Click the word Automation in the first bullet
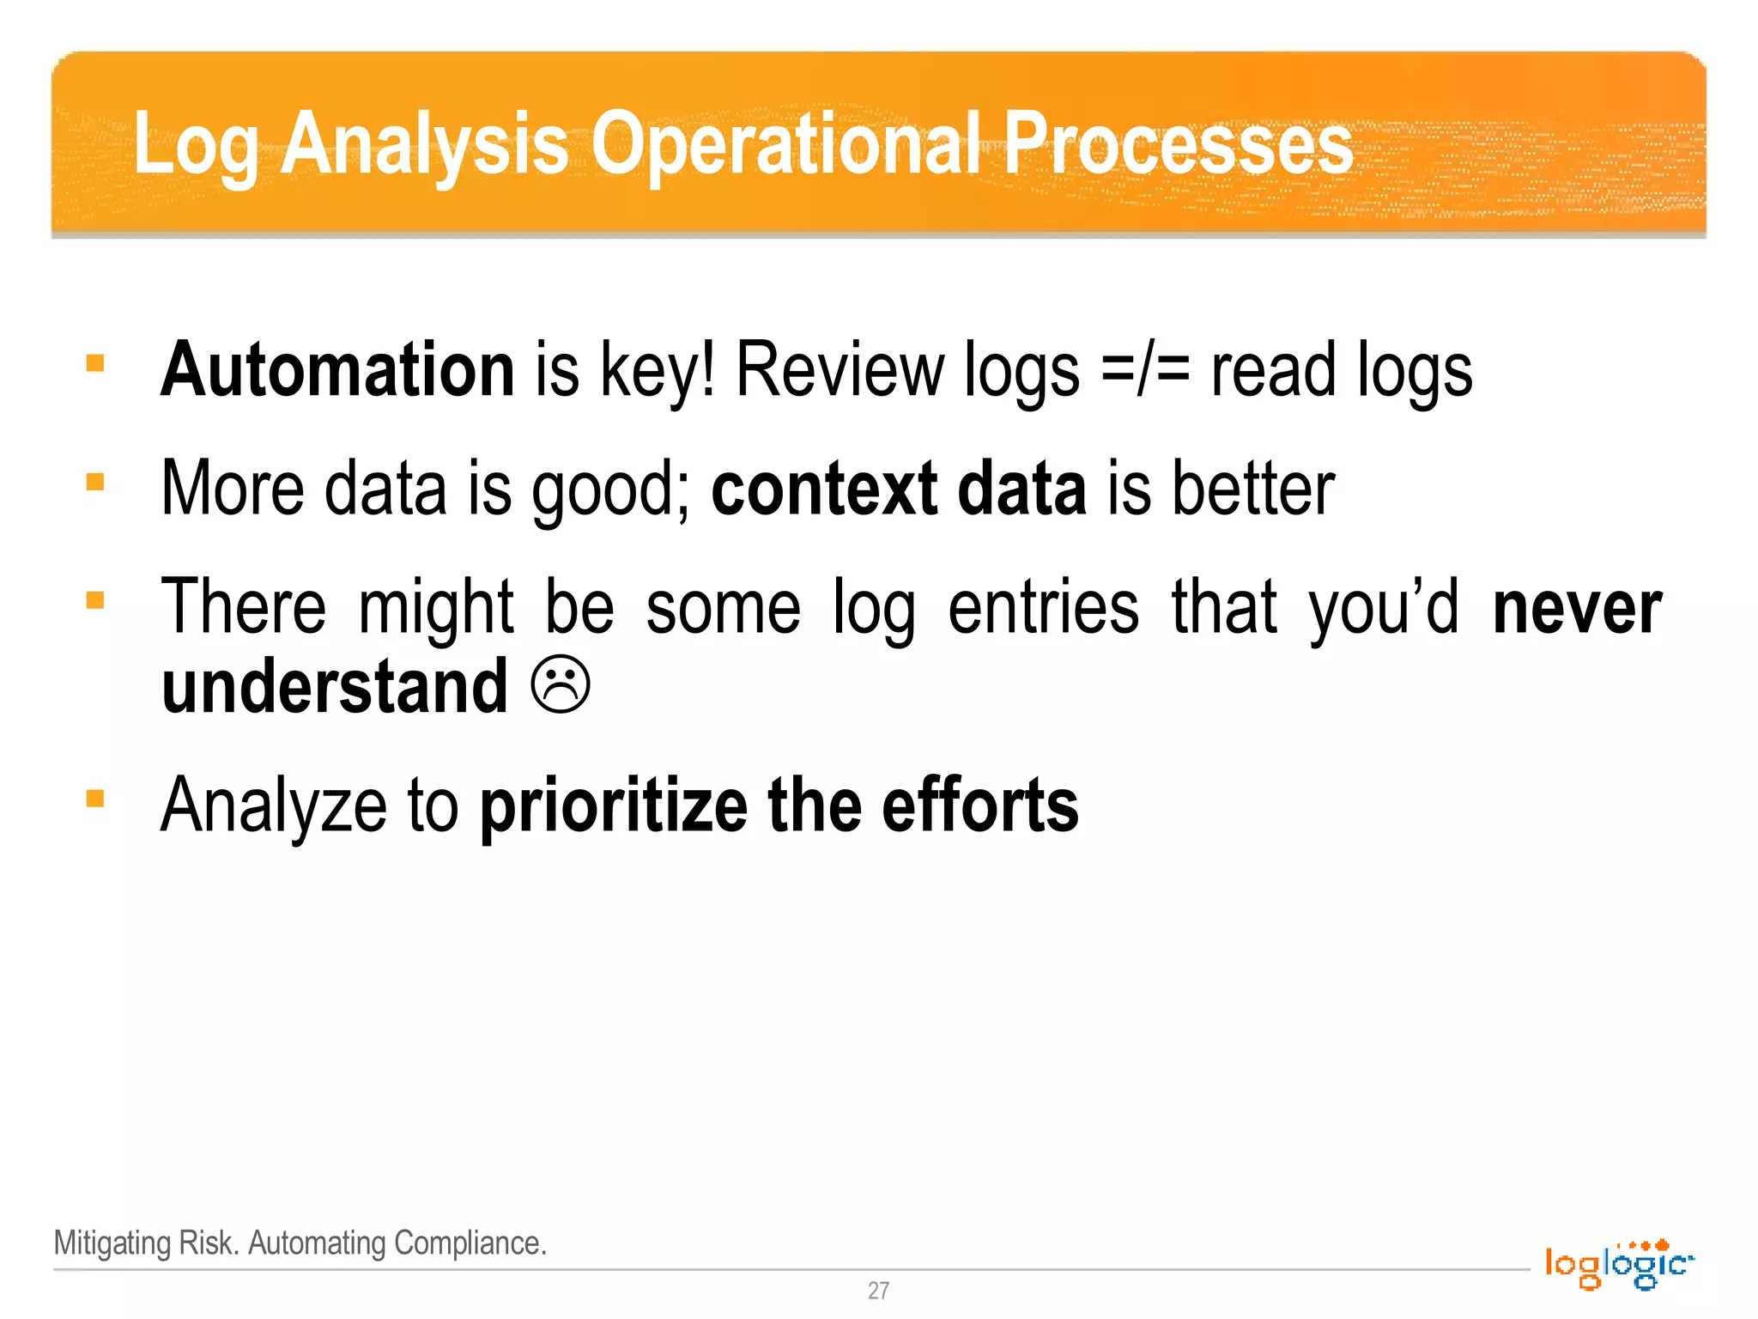(x=337, y=370)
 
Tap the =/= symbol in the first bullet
(x=1145, y=370)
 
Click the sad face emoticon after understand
(x=561, y=685)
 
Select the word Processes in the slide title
(x=1178, y=143)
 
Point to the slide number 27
(x=878, y=1290)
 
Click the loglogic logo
(x=1618, y=1264)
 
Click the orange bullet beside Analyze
(x=95, y=799)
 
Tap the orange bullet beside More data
(x=95, y=482)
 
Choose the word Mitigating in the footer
(x=112, y=1243)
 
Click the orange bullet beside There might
(x=95, y=600)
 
